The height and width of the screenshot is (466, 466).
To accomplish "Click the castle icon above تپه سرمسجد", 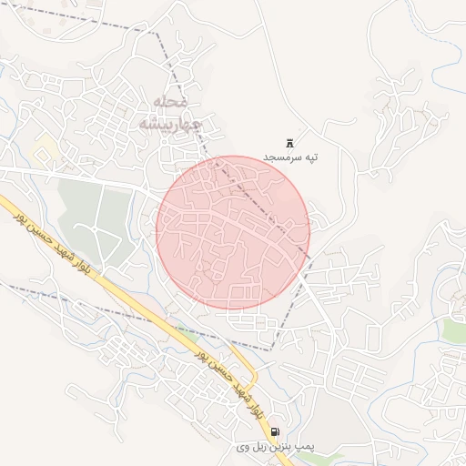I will pyautogui.click(x=290, y=143).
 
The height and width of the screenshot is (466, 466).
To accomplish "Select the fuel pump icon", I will pyautogui.click(x=275, y=431).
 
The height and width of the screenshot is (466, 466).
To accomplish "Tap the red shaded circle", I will pyautogui.click(x=233, y=232).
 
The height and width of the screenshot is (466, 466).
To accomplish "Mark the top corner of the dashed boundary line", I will pyautogui.click(x=157, y=35).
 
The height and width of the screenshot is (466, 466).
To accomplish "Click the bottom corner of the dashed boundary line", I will pyautogui.click(x=272, y=349).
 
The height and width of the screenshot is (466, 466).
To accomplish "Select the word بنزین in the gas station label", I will pyautogui.click(x=277, y=447).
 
